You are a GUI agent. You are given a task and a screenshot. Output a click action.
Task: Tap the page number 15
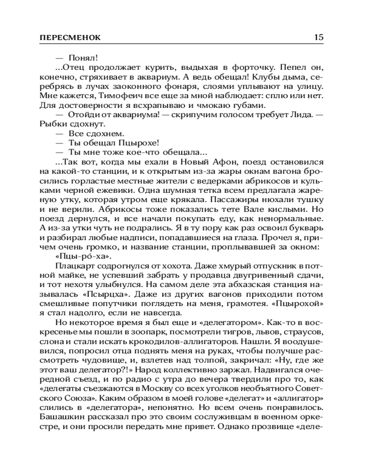(318, 38)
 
